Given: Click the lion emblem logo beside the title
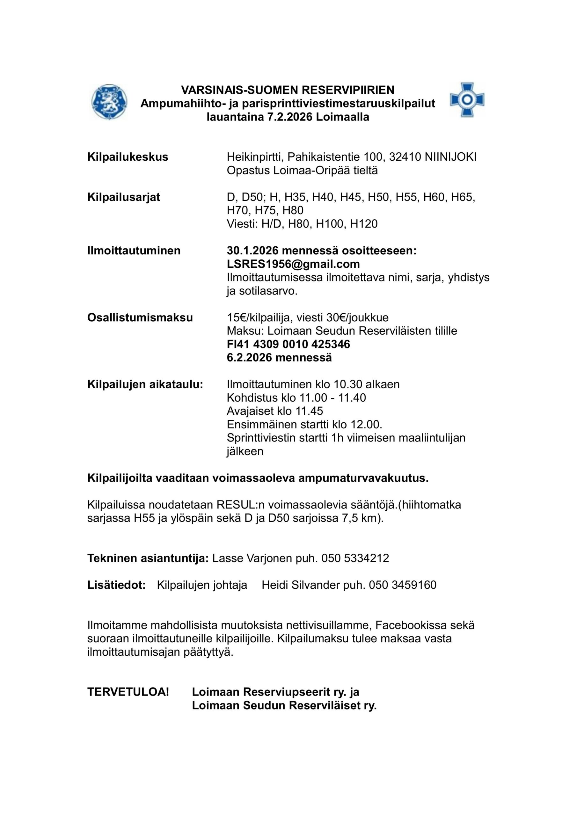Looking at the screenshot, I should [x=108, y=102].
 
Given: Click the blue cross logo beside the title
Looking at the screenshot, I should [x=467, y=100].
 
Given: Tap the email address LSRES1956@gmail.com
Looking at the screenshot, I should [x=293, y=264].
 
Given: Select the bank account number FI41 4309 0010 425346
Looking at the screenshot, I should [x=288, y=344].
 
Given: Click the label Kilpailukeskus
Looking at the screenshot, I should [x=128, y=157].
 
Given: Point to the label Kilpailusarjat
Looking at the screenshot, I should [x=124, y=197].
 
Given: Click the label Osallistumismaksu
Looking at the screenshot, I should [x=140, y=317].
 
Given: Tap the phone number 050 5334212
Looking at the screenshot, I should [x=355, y=558].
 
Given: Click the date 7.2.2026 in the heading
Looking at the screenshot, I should [x=290, y=117].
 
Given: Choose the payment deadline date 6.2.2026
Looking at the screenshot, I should [x=250, y=358].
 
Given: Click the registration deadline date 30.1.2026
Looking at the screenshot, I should [x=253, y=251].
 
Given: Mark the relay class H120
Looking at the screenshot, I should [x=364, y=224].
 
